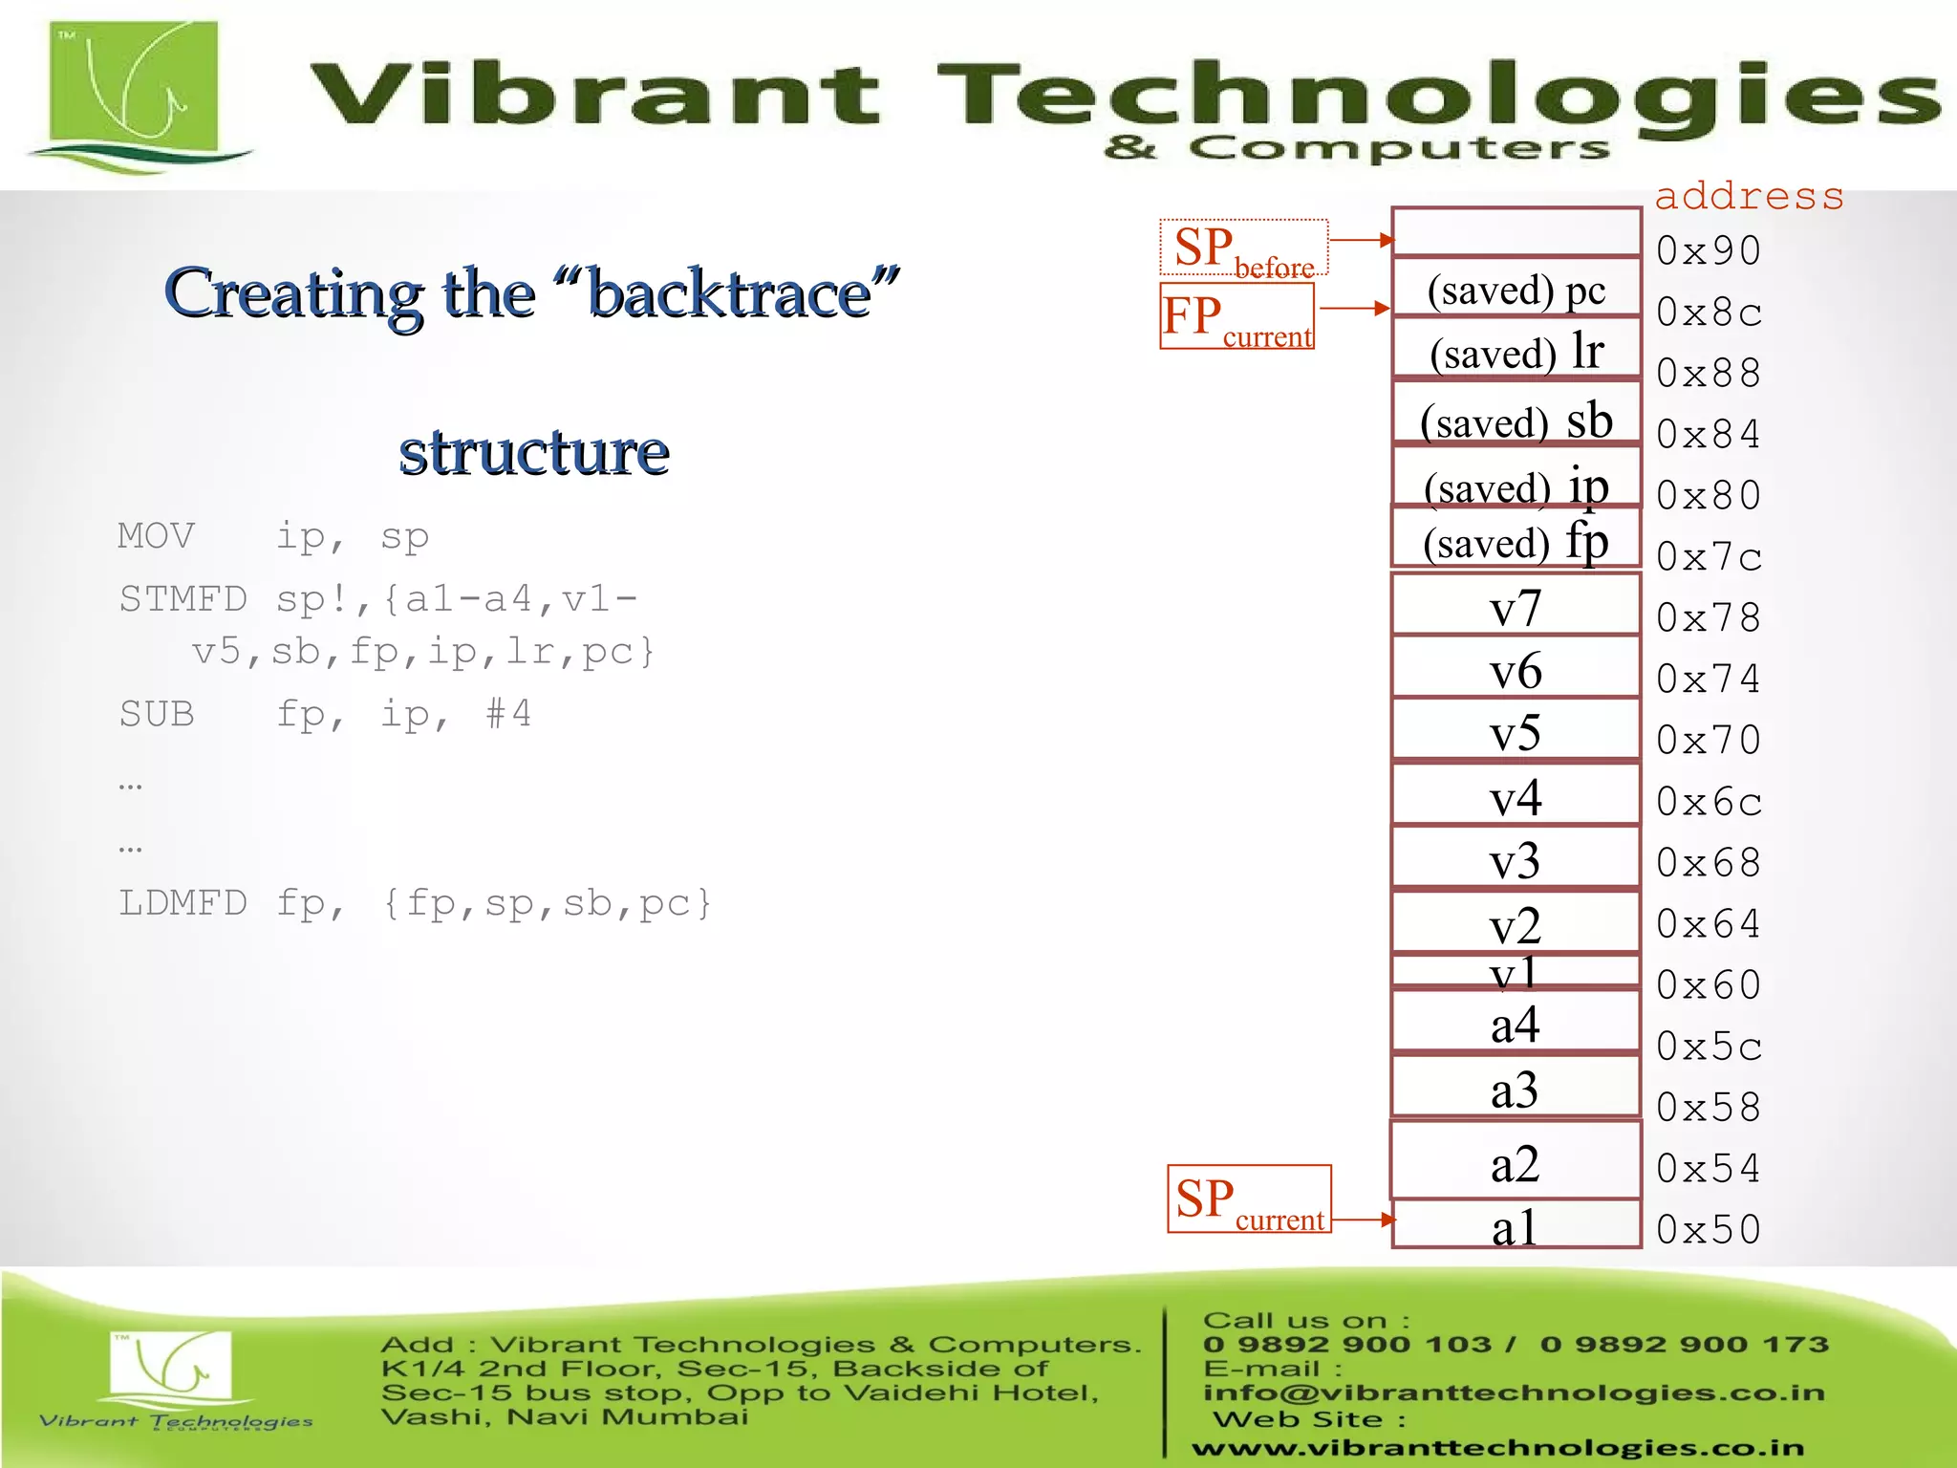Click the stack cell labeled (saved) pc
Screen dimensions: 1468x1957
coord(1516,289)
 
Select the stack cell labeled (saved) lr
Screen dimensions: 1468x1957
coord(1516,351)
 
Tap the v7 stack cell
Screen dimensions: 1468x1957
coord(1516,607)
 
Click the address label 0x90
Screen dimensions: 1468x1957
coord(1708,250)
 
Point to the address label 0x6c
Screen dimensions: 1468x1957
coord(1708,801)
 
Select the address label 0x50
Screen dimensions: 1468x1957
coord(1708,1229)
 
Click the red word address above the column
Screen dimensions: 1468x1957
coord(1749,196)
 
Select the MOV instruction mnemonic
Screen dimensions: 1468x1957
coord(156,535)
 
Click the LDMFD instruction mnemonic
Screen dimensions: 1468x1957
coord(183,902)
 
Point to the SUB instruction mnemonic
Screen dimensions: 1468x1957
coord(156,713)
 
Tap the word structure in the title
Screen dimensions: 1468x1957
coord(533,451)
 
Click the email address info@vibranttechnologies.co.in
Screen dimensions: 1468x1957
coord(1513,1392)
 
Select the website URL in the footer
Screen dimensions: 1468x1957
coord(1497,1448)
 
